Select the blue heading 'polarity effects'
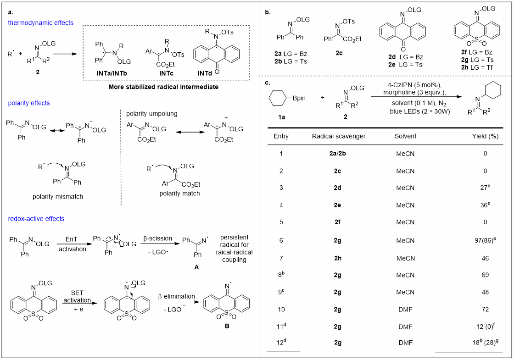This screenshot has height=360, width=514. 29,103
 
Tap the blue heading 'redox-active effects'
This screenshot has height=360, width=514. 36,219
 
